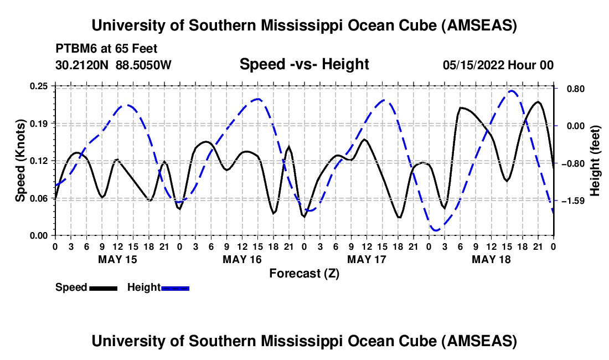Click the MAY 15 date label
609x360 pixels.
click(x=117, y=259)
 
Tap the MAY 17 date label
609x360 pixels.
click(x=367, y=259)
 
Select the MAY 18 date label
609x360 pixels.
click(x=491, y=259)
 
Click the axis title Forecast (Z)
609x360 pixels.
click(x=304, y=273)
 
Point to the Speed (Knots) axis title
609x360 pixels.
click(x=20, y=161)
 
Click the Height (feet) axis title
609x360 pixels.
click(x=595, y=161)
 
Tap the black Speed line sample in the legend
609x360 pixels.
click(x=103, y=287)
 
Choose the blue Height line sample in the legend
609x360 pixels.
click(x=176, y=287)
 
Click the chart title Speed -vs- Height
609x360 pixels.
click(x=304, y=65)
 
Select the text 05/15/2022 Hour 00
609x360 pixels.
click(x=498, y=65)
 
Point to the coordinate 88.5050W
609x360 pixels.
click(x=143, y=65)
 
